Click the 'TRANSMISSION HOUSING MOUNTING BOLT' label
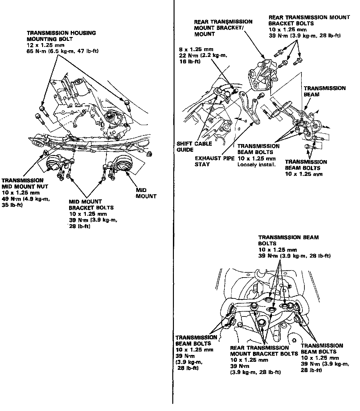click(x=61, y=36)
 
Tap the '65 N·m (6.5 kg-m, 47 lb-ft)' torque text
click(x=63, y=51)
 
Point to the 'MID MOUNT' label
click(x=146, y=193)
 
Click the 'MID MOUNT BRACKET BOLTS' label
click(x=91, y=205)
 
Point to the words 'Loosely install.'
click(x=256, y=165)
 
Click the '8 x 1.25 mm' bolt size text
click(x=196, y=49)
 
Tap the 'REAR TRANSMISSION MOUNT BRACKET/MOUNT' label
click(x=223, y=28)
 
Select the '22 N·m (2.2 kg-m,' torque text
click(x=203, y=55)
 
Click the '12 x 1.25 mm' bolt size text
click(x=45, y=45)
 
